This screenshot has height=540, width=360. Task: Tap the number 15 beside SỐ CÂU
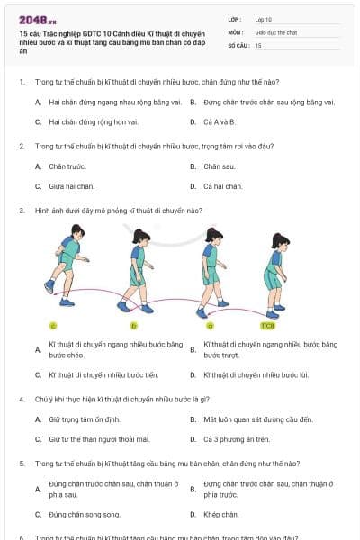(259, 44)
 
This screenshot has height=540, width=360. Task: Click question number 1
(21, 82)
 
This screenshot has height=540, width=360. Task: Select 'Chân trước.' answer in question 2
(67, 166)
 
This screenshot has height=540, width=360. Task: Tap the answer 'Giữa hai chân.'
(71, 186)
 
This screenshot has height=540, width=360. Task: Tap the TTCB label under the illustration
(267, 325)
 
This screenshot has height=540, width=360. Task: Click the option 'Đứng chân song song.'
(84, 515)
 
